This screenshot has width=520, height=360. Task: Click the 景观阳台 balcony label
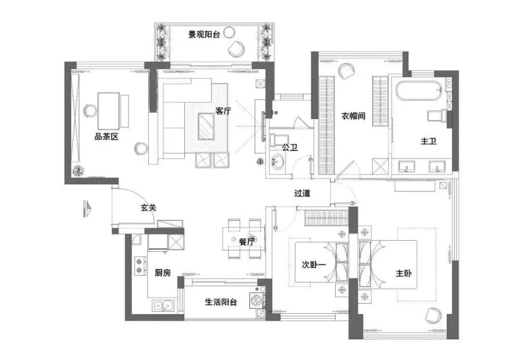[x=204, y=35]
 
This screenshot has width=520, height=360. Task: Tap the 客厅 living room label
[x=223, y=111]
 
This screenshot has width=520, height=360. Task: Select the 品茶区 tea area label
[x=106, y=136]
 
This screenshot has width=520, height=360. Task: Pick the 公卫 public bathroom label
[x=289, y=147]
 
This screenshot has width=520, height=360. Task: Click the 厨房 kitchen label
[x=162, y=273]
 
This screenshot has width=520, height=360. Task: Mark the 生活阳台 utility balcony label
[x=221, y=302]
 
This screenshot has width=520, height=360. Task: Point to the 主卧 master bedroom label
[x=404, y=273]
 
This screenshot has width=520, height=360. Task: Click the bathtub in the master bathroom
[x=418, y=92]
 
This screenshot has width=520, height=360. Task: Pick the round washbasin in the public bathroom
[x=278, y=162]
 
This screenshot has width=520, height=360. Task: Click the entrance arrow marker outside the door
[x=86, y=208]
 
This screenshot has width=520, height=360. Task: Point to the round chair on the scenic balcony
[x=236, y=49]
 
